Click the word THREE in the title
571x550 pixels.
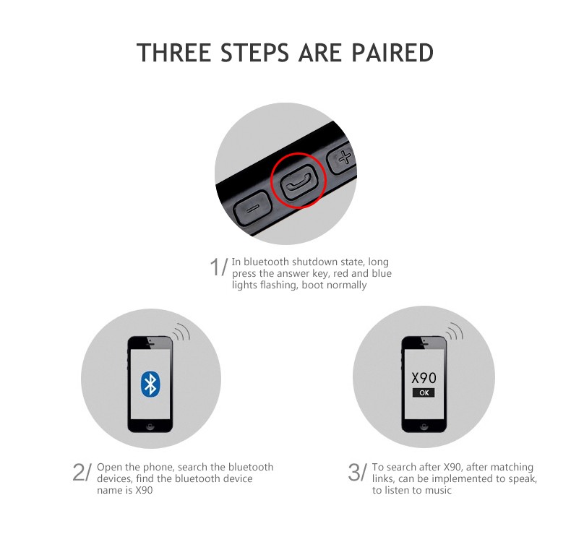point(174,53)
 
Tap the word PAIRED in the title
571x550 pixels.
point(392,53)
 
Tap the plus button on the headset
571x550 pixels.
point(343,158)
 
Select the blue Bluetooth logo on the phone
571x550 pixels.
point(150,384)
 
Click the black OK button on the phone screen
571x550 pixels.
point(424,392)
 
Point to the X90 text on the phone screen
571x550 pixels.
point(424,378)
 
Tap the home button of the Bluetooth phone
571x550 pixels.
point(150,426)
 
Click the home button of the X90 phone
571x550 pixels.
point(424,426)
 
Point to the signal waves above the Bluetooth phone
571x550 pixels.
point(181,332)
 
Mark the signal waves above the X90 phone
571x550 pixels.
point(455,332)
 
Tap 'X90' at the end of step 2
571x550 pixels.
point(144,490)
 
